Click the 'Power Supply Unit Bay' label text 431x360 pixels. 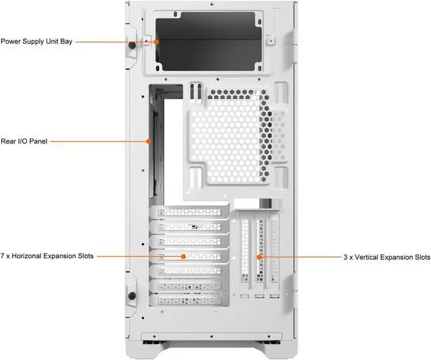(36, 42)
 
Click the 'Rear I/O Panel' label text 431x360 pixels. (24, 141)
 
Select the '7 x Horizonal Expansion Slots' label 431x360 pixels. (47, 256)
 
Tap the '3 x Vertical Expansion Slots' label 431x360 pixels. (386, 257)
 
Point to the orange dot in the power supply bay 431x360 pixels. (156, 42)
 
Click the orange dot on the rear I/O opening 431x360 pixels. (149, 141)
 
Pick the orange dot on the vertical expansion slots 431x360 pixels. (259, 257)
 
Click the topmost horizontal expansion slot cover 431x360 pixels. (189, 212)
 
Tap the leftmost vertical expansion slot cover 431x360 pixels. (244, 256)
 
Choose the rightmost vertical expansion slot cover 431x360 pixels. (274, 256)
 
